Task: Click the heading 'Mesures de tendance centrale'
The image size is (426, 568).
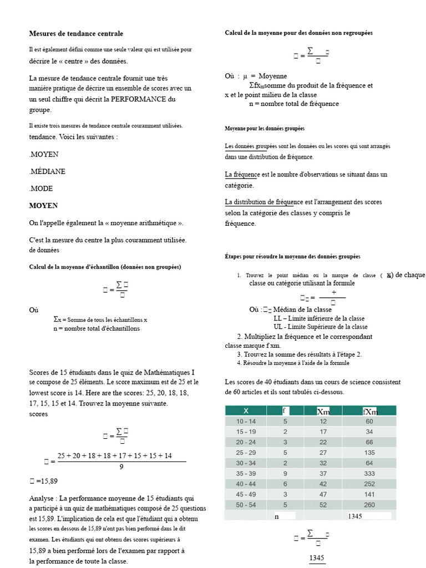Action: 76,34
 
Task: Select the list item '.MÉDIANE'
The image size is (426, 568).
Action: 47,171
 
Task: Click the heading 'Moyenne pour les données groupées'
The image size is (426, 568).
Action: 264,128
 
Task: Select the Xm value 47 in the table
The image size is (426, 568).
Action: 323,495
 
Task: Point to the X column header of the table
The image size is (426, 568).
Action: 246,411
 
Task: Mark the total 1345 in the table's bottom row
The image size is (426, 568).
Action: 355,516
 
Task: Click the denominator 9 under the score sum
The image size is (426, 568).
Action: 121,466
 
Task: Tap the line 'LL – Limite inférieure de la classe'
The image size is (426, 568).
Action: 319,318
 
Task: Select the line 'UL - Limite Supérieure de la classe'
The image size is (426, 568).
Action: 320,327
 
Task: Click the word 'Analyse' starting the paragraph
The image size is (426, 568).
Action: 42,498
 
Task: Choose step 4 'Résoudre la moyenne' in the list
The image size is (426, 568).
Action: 293,363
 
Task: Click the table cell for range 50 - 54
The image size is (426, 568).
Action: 246,505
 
